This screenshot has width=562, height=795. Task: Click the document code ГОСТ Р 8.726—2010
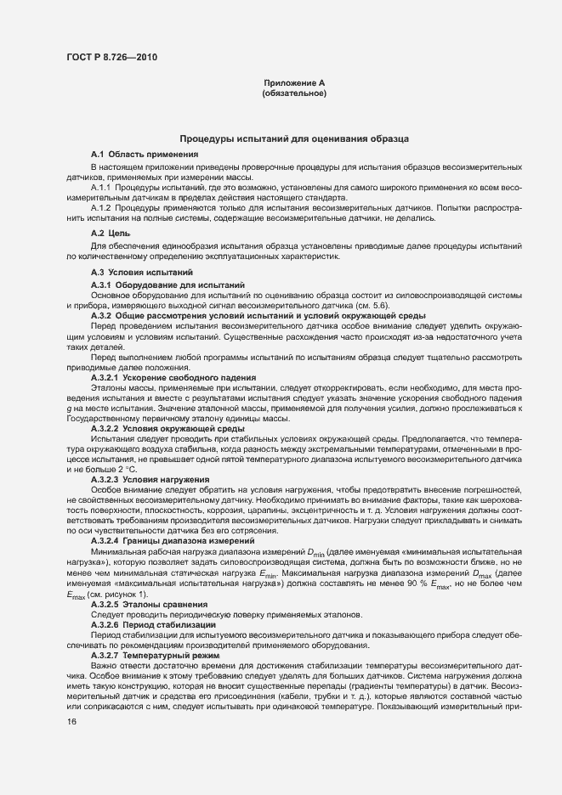pos(111,58)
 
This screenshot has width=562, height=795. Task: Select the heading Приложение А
pos(295,82)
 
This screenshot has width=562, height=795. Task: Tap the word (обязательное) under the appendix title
pos(295,93)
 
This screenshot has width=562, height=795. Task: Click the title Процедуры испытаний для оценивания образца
pos(294,138)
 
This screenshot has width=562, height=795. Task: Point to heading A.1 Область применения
pos(145,154)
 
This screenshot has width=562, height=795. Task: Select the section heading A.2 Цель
pos(111,233)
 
